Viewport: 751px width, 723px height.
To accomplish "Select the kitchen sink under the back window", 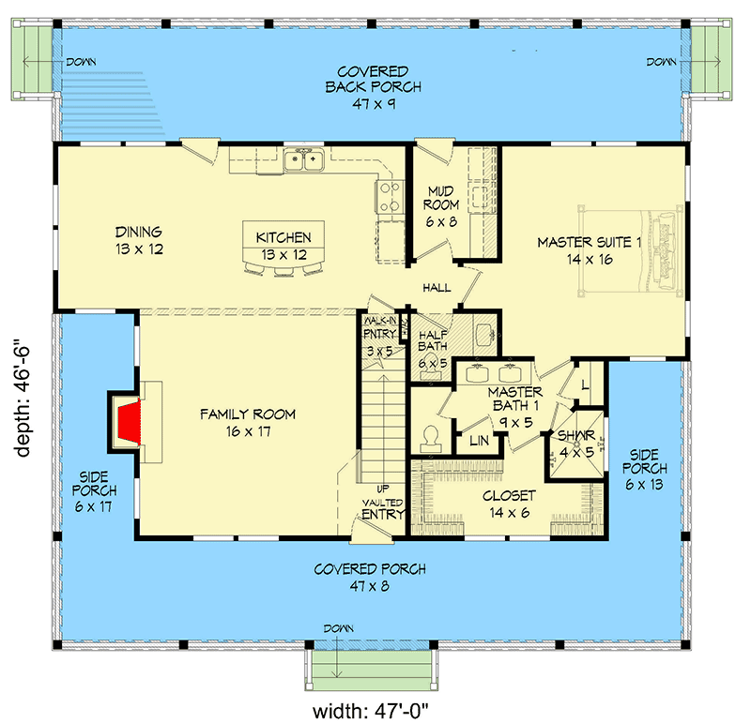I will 306,161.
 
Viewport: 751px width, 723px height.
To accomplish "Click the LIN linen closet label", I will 480,441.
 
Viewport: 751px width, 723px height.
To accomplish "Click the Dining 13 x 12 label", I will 139,240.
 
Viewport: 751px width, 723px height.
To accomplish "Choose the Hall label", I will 437,288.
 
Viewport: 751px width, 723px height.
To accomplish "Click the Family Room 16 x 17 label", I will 249,421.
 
